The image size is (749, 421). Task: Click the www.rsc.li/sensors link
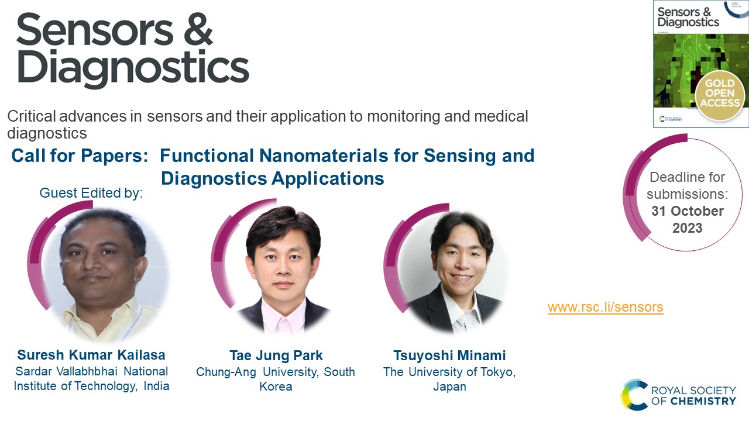[605, 307]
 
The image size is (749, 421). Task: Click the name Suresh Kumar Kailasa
[91, 355]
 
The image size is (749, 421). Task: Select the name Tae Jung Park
[276, 356]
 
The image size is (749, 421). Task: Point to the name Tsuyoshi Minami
[449, 356]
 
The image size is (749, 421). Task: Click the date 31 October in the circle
[687, 210]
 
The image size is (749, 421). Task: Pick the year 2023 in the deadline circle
[687, 227]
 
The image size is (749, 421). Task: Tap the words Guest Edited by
[91, 193]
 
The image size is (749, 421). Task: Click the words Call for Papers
[78, 156]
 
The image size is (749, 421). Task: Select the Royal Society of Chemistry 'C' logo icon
[635, 395]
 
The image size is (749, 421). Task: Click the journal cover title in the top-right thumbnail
[688, 17]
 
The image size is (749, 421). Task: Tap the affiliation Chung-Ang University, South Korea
[276, 379]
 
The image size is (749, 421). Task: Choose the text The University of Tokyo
[449, 372]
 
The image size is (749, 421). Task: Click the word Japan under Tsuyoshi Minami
[449, 387]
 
